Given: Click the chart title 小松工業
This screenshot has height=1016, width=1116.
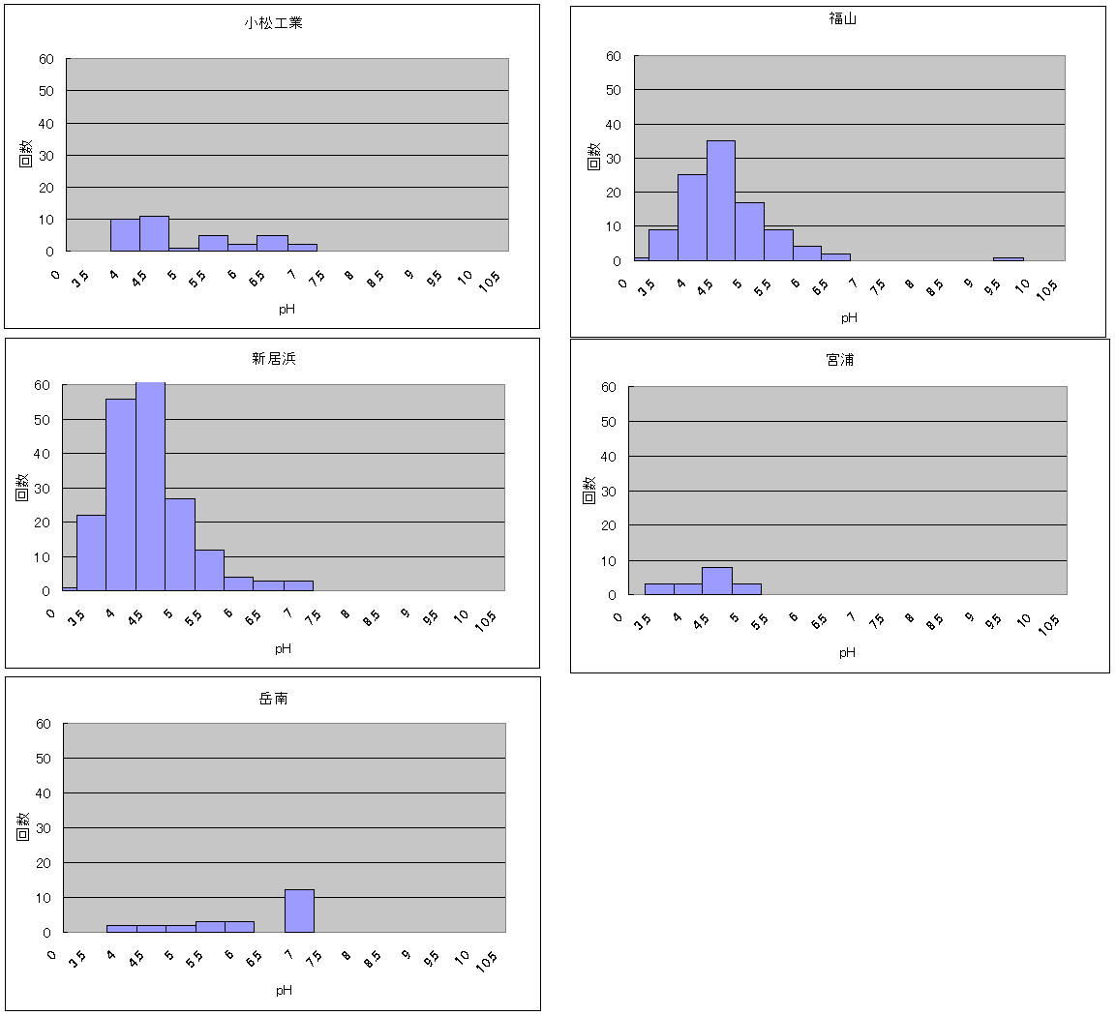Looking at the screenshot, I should pos(273,22).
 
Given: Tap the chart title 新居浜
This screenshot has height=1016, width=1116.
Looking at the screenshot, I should pos(274,359).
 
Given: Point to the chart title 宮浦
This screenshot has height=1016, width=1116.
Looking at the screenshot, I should pos(840,360).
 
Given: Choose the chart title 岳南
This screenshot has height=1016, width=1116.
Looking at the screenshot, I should pos(274,698).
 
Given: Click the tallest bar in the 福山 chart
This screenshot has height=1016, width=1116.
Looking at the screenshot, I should pos(720,201).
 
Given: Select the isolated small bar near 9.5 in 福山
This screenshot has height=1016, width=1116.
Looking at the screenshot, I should pos(1008,258).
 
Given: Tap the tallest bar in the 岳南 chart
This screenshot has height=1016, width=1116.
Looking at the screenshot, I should pos(299,911).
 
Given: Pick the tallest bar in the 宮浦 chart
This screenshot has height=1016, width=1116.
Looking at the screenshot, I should pos(717,581).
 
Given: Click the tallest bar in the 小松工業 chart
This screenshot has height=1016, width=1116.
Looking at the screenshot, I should pos(154,233).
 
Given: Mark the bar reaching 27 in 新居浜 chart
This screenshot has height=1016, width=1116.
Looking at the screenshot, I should pos(180,544).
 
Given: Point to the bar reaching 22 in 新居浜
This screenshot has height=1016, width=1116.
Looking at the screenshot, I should pos(91,553).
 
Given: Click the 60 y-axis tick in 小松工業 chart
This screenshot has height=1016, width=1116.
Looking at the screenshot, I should pos(45,59).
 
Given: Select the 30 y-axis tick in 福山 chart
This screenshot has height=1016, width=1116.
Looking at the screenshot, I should pos(613,159).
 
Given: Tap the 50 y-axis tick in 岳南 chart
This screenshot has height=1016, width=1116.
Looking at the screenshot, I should pos(43,759).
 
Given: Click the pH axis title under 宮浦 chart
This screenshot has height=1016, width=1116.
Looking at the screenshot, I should pos(847,652).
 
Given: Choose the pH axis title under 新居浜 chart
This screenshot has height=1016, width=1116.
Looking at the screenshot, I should pos(283,648).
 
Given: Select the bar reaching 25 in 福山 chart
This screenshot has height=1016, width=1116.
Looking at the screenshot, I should pos(691,218).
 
